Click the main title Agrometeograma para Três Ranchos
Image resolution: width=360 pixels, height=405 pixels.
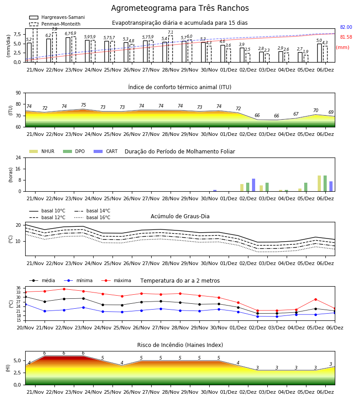[180, 8]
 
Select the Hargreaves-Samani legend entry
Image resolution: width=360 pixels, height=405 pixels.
[57, 17]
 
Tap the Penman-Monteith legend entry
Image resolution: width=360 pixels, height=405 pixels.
[55, 24]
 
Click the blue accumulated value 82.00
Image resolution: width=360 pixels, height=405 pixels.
[346, 27]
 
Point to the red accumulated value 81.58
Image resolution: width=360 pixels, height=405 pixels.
[346, 37]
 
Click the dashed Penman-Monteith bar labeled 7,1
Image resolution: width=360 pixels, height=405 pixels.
[171, 49]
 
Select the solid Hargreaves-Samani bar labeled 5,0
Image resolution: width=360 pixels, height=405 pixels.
[319, 53]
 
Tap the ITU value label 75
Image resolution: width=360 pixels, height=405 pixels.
[83, 105]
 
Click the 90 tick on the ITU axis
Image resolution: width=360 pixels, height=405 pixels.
[18, 93]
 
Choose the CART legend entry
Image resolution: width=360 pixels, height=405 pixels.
[106, 151]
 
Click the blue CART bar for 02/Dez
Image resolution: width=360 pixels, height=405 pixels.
[254, 185]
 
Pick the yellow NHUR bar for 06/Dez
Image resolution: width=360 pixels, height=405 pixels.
[319, 184]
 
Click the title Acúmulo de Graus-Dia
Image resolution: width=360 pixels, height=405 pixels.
[180, 216]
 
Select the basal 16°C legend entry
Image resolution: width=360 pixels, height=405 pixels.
[92, 217]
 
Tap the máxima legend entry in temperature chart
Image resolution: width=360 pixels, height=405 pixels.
[116, 280]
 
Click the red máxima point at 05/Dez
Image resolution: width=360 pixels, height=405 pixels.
[315, 299]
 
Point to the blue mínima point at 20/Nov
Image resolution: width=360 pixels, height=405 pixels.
[25, 305]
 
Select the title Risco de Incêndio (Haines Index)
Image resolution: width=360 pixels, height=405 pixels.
[180, 345]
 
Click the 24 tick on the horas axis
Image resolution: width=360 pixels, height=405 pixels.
[18, 157]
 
